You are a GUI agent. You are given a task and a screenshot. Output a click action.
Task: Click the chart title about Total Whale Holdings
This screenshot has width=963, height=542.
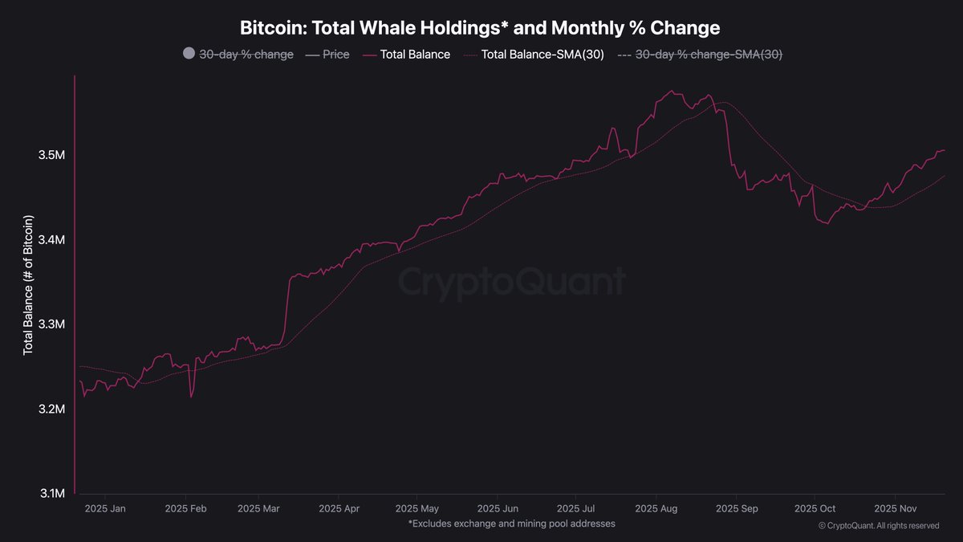click(x=480, y=27)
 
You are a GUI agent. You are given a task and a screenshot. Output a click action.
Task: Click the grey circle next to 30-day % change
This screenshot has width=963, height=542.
click(x=189, y=54)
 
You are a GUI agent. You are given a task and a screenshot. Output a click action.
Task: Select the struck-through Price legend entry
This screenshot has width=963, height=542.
click(x=327, y=55)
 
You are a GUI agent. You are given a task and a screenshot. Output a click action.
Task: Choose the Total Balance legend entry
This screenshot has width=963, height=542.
click(x=406, y=55)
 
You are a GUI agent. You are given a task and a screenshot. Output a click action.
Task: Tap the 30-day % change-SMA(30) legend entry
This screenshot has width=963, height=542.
click(x=697, y=55)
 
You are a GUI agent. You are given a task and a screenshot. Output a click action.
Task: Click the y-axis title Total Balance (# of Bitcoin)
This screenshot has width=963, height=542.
click(x=28, y=285)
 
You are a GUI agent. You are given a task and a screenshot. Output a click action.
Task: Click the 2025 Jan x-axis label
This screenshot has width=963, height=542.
click(x=105, y=508)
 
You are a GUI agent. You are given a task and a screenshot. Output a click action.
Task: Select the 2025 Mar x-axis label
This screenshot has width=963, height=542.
click(x=259, y=508)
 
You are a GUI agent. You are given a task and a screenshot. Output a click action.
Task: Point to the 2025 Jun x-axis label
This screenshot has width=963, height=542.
click(x=498, y=508)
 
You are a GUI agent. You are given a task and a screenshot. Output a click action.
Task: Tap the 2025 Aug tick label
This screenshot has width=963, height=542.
click(x=657, y=508)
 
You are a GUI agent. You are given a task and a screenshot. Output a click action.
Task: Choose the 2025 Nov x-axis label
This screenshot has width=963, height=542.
click(x=896, y=508)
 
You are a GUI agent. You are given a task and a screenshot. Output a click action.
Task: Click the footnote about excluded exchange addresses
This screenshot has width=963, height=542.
click(x=512, y=524)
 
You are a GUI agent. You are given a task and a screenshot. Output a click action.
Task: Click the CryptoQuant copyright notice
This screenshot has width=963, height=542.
click(x=878, y=525)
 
